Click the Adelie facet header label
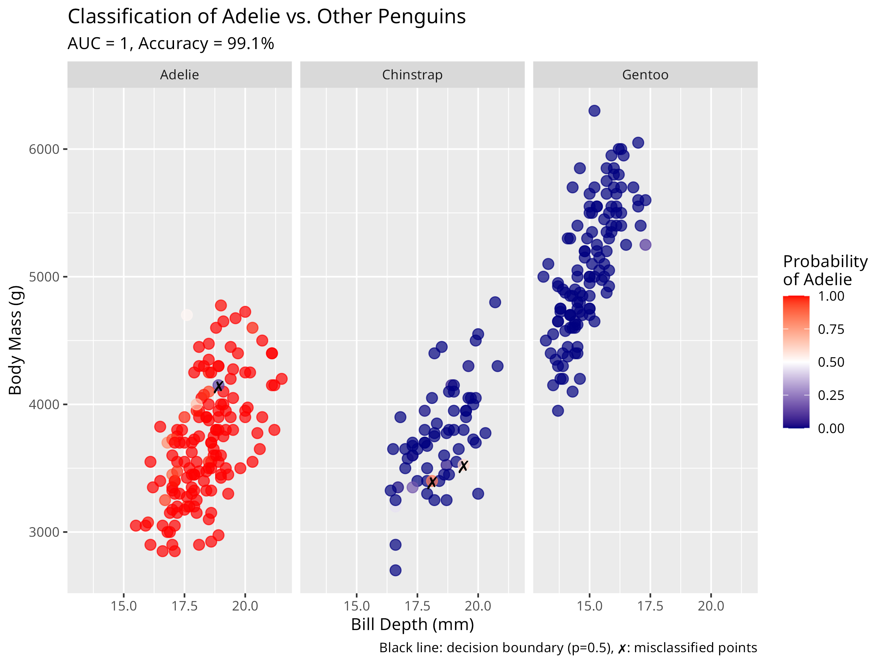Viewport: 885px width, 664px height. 179,75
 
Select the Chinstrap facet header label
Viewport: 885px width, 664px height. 412,75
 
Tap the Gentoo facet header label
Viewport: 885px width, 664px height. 645,75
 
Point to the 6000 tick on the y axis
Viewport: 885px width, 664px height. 44,149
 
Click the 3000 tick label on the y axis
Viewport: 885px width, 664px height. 44,532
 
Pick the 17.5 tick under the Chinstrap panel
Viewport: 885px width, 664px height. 417,606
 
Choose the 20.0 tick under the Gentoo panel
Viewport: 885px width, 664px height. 711,606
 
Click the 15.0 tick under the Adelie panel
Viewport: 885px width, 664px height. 124,606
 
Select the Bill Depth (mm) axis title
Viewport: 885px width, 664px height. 412,625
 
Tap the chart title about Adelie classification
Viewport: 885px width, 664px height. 267,17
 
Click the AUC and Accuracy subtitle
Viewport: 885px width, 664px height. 171,44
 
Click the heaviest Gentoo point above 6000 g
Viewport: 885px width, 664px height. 594,111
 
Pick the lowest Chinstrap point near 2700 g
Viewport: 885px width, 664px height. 395,570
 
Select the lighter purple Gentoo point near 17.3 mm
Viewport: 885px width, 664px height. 645,245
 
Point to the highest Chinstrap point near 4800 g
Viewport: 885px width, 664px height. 495,302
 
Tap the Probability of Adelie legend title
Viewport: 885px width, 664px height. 825,270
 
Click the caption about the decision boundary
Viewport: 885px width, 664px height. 568,648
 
